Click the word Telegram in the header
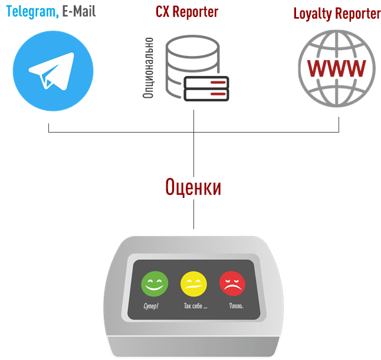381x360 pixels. point(32,12)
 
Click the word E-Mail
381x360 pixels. point(78,12)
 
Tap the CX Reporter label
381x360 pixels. point(187,12)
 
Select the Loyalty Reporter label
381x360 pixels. point(337,14)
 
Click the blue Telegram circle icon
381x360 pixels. point(52,71)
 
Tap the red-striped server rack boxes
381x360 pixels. point(206,88)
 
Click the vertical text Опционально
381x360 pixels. point(149,68)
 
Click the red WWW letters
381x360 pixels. point(336,69)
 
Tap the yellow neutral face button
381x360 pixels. point(193,283)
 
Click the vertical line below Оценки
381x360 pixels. point(194,215)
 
